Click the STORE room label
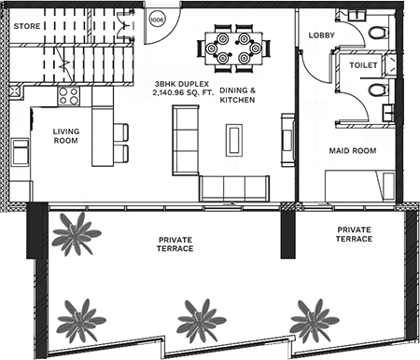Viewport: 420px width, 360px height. (27, 26)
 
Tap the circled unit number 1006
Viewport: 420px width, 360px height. (157, 20)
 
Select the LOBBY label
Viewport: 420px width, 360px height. (322, 35)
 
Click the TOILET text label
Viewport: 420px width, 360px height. (363, 65)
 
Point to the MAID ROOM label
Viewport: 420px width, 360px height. (353, 151)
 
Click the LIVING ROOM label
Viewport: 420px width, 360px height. (66, 136)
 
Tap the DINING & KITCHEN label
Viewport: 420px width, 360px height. (238, 95)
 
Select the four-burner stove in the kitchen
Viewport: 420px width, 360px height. (69, 96)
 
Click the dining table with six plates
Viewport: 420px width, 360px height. (233, 48)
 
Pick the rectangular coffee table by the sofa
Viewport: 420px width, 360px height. (234, 140)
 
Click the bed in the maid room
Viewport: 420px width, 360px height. (360, 186)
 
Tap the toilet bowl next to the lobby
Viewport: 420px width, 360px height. (379, 33)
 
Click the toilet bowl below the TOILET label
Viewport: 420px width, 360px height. (379, 90)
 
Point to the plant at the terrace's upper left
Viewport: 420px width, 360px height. (76, 234)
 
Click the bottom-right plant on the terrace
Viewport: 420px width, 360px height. (314, 321)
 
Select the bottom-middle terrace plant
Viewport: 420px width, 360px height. (201, 321)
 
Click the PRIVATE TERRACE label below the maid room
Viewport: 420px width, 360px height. (354, 234)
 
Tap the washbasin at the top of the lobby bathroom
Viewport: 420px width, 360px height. (357, 15)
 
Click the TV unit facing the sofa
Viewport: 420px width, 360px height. (288, 140)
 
